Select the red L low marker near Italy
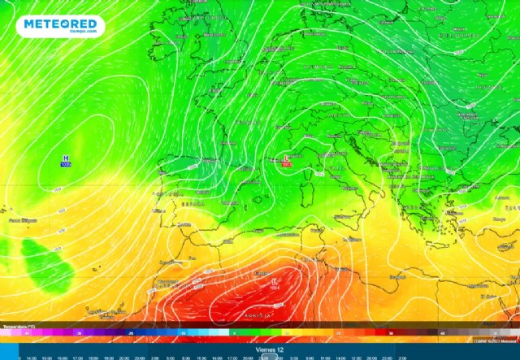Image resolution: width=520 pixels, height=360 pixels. click(x=285, y=159)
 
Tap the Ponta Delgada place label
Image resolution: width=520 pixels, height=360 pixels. click(x=23, y=219)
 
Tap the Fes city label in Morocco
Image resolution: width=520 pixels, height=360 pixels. click(x=192, y=258)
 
